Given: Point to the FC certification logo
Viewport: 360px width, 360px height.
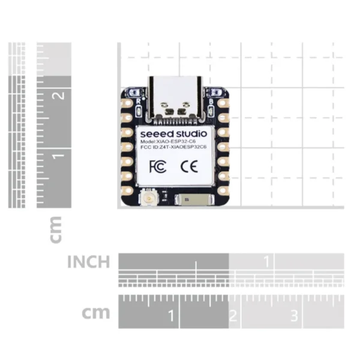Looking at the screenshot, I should tap(157, 166).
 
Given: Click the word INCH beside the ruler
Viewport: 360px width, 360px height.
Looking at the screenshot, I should tap(88, 262).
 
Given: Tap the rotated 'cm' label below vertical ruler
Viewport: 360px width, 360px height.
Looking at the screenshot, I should tap(55, 230).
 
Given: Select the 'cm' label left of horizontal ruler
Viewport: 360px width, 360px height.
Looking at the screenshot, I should tap(96, 313).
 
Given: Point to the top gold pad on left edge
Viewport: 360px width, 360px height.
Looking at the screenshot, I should tap(127, 103).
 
